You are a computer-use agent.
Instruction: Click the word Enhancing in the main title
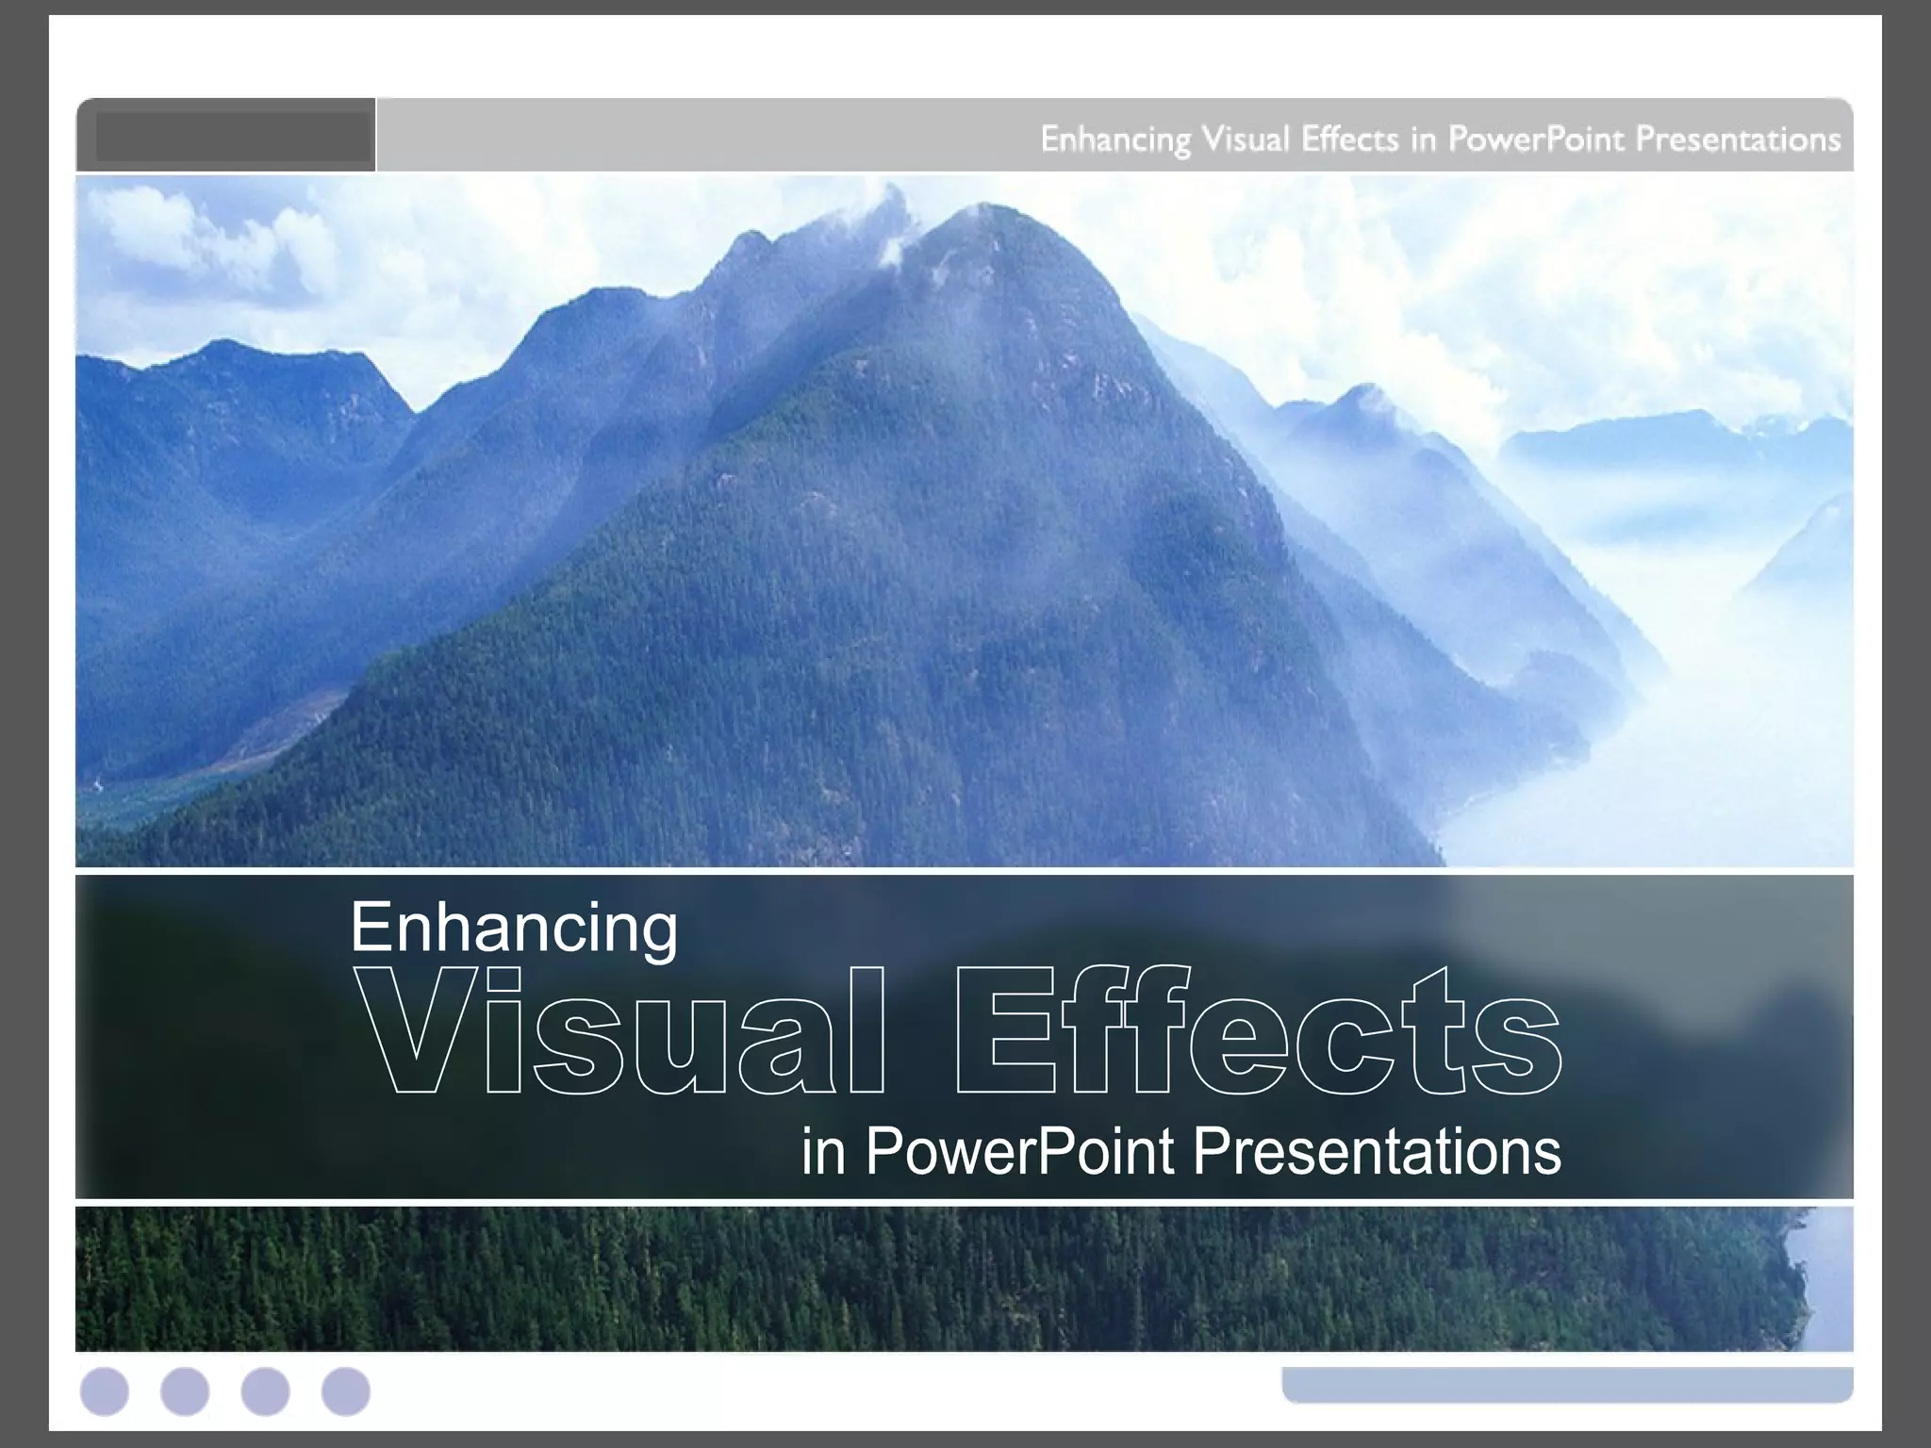click(x=514, y=929)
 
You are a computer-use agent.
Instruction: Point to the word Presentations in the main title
click(x=1377, y=1152)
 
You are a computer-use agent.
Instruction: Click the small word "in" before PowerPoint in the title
click(x=822, y=1152)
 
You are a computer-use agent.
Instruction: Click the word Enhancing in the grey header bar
click(x=1115, y=140)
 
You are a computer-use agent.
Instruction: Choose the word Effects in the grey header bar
click(x=1349, y=140)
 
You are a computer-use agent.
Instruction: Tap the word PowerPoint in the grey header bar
click(x=1536, y=140)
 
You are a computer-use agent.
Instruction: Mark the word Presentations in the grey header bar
click(x=1737, y=140)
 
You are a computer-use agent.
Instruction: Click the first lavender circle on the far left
click(x=105, y=1391)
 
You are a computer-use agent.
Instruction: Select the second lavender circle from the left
click(x=185, y=1391)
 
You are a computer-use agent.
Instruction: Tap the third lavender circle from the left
click(x=265, y=1391)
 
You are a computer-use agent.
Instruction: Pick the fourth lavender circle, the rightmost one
click(x=346, y=1391)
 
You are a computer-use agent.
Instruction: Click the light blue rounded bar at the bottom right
click(x=1567, y=1384)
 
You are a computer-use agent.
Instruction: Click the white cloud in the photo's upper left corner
click(x=189, y=236)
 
